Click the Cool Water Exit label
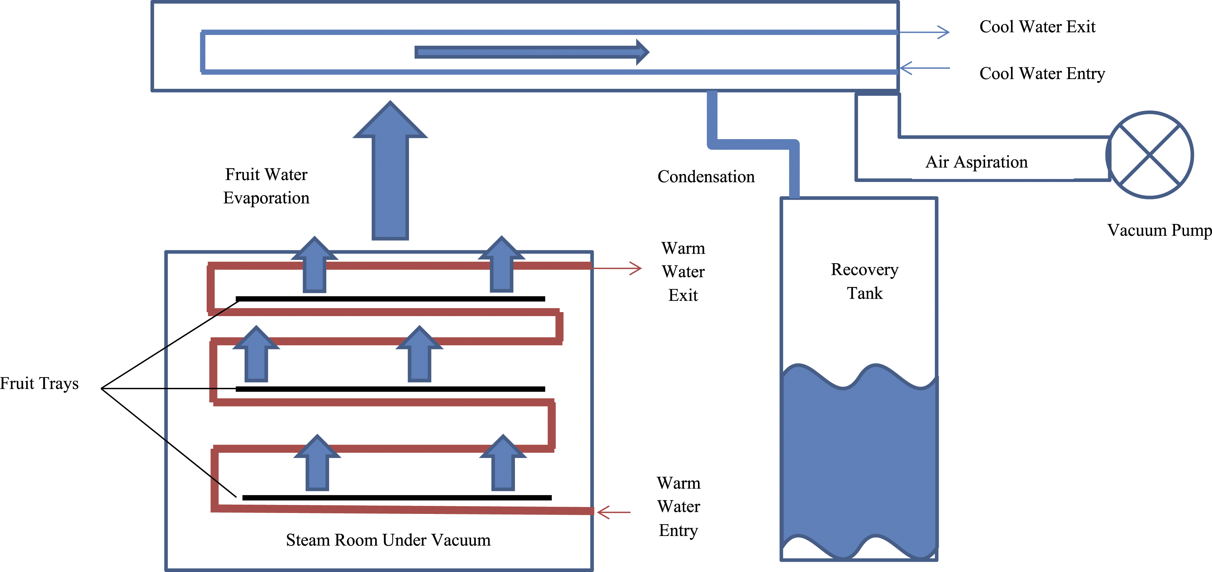pyautogui.click(x=1037, y=27)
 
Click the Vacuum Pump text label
pyautogui.click(x=1159, y=230)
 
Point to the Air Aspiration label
pyautogui.click(x=977, y=162)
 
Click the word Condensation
pyautogui.click(x=706, y=177)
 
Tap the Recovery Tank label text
pyautogui.click(x=865, y=281)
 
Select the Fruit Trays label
pyautogui.click(x=39, y=384)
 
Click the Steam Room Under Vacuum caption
pyautogui.click(x=388, y=540)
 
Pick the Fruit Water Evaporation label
pyautogui.click(x=266, y=186)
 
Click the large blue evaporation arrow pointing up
pyautogui.click(x=390, y=170)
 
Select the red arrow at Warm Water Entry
pyautogui.click(x=613, y=512)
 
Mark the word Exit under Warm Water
pyautogui.click(x=683, y=295)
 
